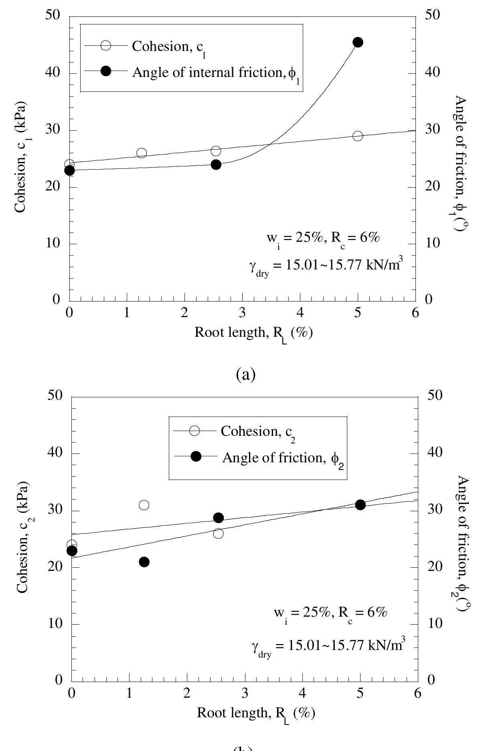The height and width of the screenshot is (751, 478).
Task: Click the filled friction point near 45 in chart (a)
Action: point(358,42)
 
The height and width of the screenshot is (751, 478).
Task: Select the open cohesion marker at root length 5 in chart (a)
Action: point(358,136)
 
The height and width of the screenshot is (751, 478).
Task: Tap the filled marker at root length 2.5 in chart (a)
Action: point(216,165)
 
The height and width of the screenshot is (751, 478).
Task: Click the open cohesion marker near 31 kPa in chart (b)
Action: point(144,505)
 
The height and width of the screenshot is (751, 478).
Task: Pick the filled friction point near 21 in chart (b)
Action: point(144,562)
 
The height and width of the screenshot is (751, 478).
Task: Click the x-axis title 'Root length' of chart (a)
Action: point(253,333)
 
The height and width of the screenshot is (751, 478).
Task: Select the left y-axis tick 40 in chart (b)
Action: point(59,453)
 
